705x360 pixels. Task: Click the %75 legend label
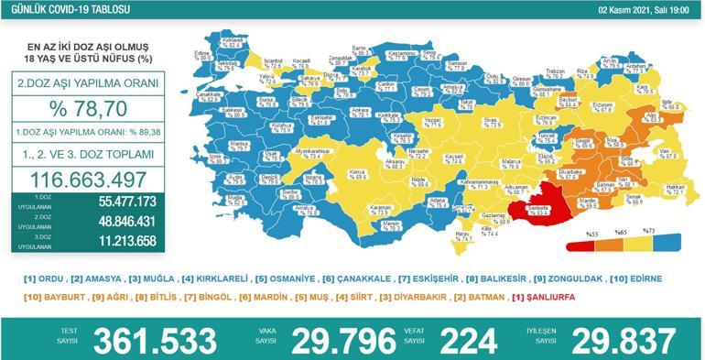coord(649,231)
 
